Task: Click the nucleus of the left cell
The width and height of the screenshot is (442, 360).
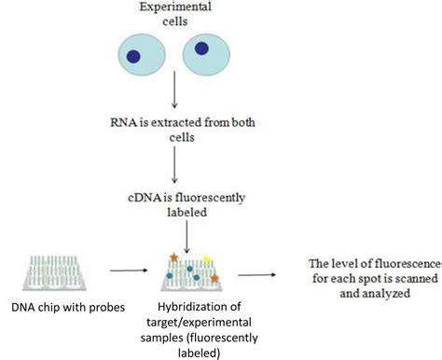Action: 133,57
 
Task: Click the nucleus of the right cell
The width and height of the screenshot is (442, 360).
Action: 201,48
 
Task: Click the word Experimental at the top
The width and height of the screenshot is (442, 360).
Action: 175,7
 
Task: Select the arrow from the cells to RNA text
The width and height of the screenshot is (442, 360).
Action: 174,90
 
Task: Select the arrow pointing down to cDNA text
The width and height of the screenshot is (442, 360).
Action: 174,164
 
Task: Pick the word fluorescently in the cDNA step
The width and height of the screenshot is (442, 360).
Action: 210,198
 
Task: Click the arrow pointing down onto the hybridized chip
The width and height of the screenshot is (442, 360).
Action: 186,237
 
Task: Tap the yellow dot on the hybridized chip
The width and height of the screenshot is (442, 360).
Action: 206,258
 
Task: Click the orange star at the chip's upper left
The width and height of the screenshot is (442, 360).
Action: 173,257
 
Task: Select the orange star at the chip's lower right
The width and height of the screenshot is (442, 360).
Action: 214,278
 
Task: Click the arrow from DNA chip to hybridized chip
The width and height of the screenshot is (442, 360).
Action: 129,270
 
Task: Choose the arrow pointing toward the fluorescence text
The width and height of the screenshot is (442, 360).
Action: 256,275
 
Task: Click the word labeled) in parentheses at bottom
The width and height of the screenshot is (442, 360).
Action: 199,353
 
